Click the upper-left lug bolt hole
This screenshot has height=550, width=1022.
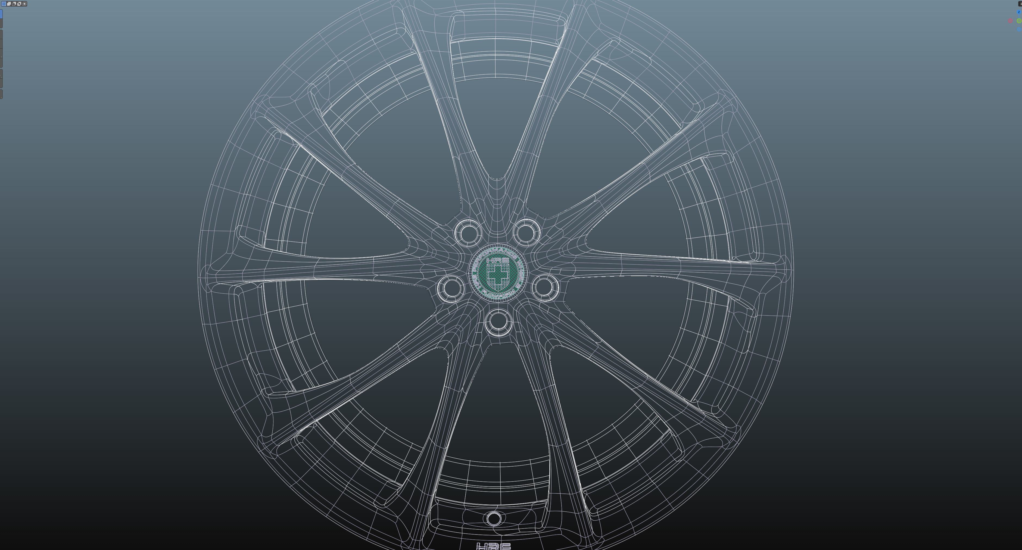point(468,232)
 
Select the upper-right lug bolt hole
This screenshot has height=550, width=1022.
point(526,232)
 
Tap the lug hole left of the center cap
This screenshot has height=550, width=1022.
point(450,287)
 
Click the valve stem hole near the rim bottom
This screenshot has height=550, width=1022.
point(494,518)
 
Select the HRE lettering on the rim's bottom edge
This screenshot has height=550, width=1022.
point(493,546)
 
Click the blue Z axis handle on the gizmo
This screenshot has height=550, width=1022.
point(1018,12)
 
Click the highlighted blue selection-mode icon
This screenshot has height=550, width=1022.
point(4,4)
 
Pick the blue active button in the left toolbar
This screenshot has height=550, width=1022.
point(1,14)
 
